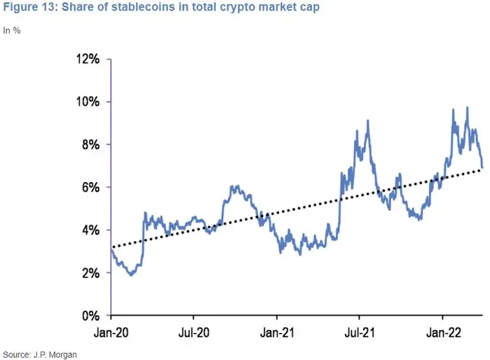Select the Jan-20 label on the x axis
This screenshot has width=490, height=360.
click(111, 329)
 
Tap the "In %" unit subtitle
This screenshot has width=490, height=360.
click(11, 30)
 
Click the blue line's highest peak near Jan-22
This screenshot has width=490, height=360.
click(467, 108)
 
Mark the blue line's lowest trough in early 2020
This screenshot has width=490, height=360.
click(131, 275)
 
